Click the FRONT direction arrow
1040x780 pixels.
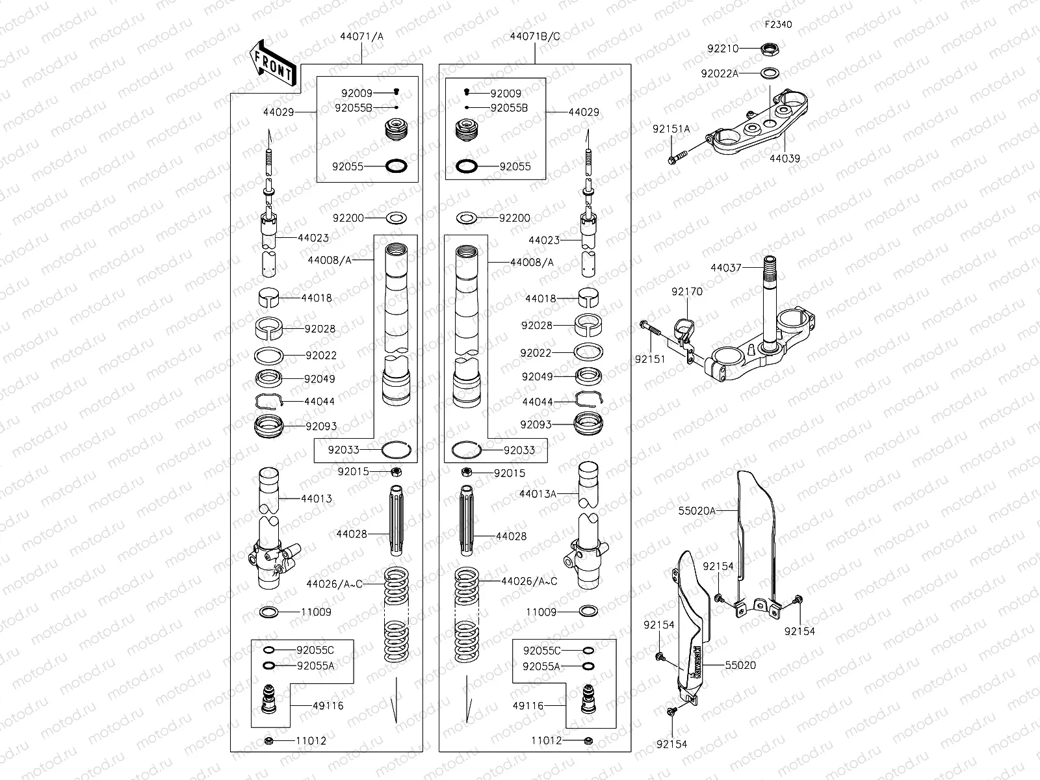(x=272, y=62)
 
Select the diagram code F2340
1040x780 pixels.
(x=778, y=25)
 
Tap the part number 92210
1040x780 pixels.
(x=723, y=49)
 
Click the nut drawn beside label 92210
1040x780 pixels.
(x=771, y=49)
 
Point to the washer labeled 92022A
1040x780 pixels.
(x=770, y=73)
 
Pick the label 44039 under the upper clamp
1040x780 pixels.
(x=785, y=158)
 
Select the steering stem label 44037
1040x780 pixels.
(x=725, y=267)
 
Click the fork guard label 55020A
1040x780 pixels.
(x=697, y=511)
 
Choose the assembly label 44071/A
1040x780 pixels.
(x=361, y=36)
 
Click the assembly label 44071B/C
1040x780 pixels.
(x=535, y=36)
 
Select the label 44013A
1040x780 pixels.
(x=538, y=494)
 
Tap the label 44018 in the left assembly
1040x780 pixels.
(x=317, y=298)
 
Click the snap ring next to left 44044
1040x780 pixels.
(x=268, y=402)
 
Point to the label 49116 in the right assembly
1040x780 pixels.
(x=528, y=705)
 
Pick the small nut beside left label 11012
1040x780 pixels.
(x=268, y=741)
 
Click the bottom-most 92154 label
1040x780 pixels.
(x=671, y=744)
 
